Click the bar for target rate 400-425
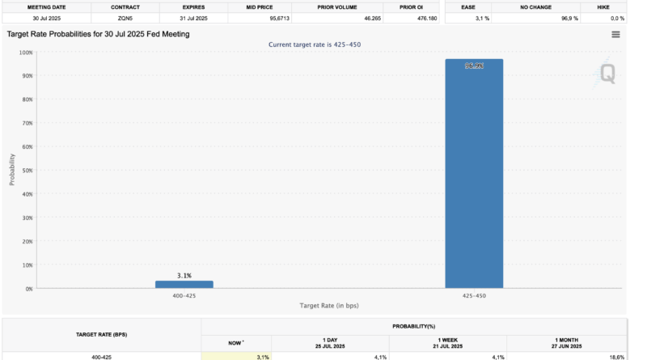click(184, 284)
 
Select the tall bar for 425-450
click(474, 173)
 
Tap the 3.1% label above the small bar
click(184, 276)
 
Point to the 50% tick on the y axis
click(27, 171)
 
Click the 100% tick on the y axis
click(27, 53)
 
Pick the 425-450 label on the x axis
click(474, 296)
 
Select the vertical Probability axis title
click(12, 170)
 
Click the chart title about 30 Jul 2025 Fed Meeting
click(97, 34)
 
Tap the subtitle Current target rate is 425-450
click(314, 44)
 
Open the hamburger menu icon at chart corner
click(616, 35)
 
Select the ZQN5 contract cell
click(125, 18)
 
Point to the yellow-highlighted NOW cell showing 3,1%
click(235, 356)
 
